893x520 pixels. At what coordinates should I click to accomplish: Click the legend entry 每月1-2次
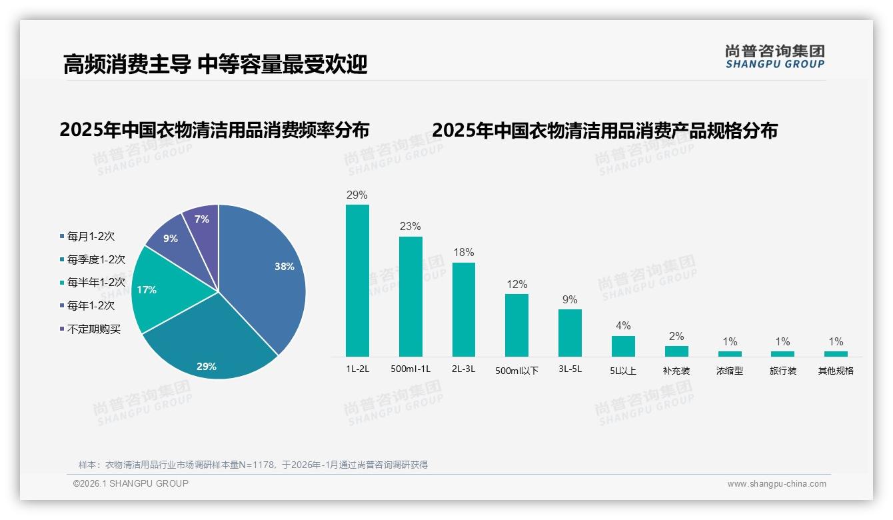[x=91, y=237]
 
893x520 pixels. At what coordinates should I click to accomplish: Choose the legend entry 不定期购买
[x=94, y=329]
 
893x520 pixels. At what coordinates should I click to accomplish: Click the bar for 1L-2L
[x=357, y=280]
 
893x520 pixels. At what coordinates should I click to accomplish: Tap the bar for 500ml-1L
[x=411, y=297]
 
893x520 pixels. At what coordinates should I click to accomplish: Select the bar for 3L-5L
[x=570, y=333]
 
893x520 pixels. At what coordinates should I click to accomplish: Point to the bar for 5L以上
[x=623, y=346]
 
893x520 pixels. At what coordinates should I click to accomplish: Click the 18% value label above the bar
[x=464, y=253]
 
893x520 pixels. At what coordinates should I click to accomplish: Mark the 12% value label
[x=516, y=284]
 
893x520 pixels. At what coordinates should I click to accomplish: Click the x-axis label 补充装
[x=676, y=371]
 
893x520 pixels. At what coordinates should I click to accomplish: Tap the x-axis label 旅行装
[x=783, y=371]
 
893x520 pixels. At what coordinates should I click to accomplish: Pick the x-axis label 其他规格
[x=836, y=371]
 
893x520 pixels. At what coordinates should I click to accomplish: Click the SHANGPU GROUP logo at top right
[x=775, y=57]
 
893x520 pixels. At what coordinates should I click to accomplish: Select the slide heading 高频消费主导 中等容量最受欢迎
[x=215, y=65]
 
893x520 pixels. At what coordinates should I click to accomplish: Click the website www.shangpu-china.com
[x=776, y=484]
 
